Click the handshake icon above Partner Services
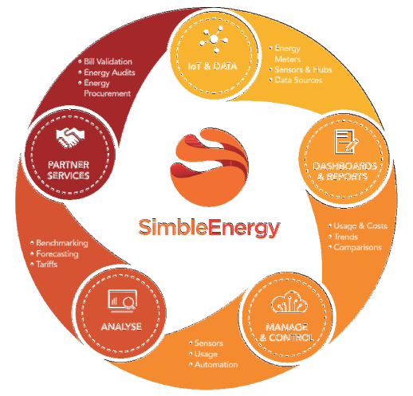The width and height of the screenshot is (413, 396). click(x=70, y=138)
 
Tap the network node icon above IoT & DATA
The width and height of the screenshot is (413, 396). click(x=214, y=39)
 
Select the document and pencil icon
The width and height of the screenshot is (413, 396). click(x=345, y=142)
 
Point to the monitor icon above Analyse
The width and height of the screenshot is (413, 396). click(x=123, y=300)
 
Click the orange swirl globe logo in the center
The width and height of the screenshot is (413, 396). click(x=209, y=167)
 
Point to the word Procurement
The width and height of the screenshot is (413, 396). click(x=108, y=93)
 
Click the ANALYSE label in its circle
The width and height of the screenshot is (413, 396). click(x=121, y=327)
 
